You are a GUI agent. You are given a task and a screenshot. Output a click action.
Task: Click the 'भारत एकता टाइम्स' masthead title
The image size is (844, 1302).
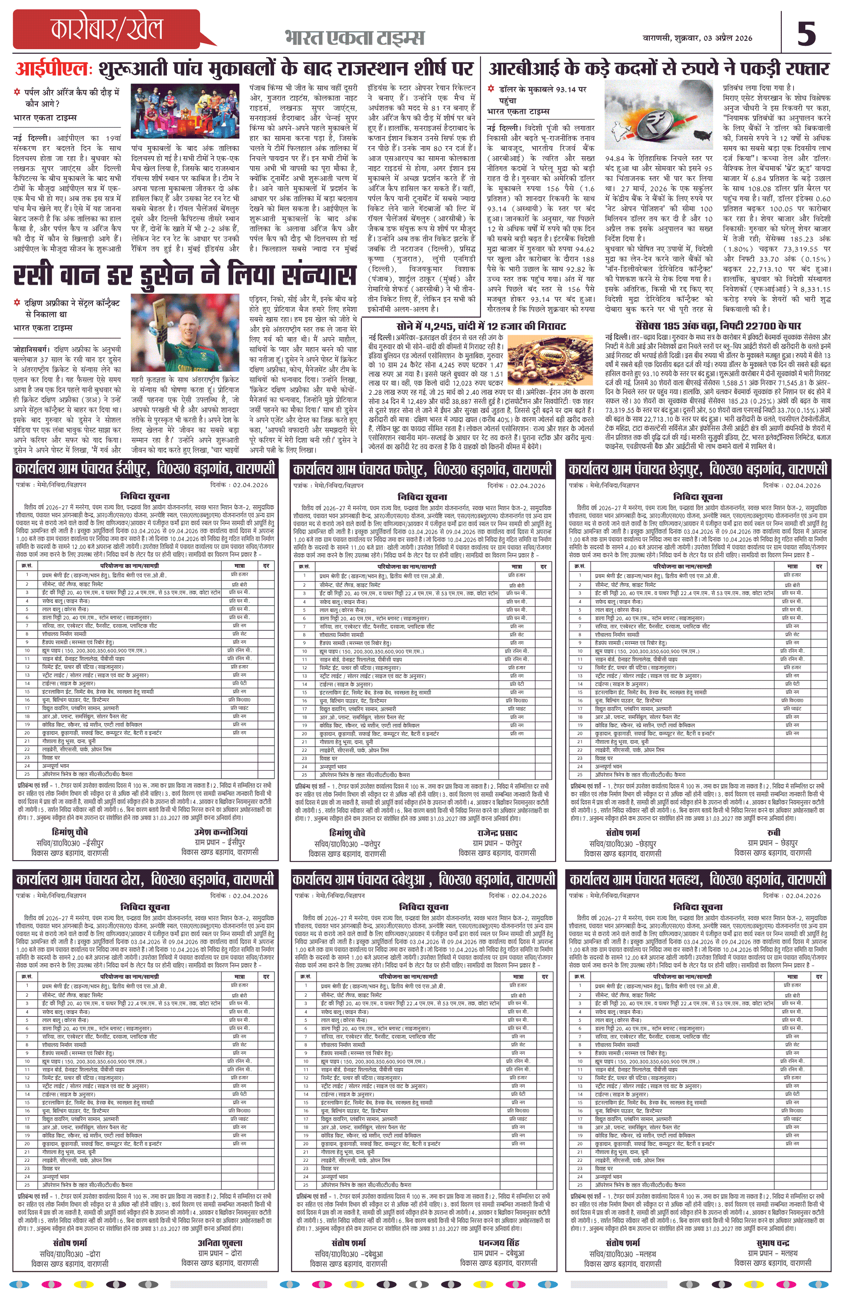pos(354,37)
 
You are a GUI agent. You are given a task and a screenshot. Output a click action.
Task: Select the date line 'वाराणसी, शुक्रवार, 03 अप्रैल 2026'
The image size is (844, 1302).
pos(697,38)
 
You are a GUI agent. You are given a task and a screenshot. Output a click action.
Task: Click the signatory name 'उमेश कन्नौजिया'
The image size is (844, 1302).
pos(221,832)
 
